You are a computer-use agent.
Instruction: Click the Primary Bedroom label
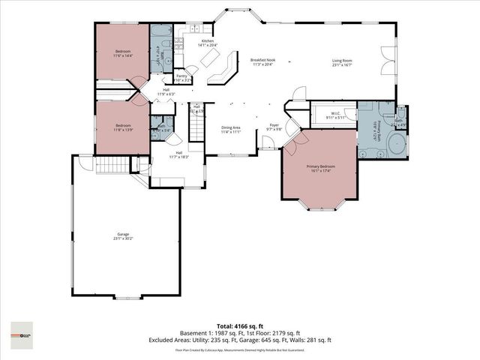pos(319,167)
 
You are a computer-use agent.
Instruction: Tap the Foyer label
pos(274,127)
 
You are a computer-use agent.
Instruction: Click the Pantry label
pos(181,77)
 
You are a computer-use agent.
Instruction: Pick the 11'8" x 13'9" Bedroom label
pos(123,128)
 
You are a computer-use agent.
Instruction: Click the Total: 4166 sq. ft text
pos(239,326)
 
